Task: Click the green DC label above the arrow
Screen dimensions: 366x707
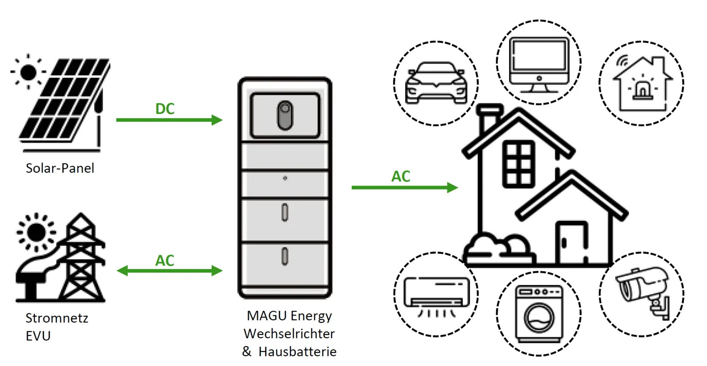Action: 165,109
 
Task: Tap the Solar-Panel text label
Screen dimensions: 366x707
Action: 60,168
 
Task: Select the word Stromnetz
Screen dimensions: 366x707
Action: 57,318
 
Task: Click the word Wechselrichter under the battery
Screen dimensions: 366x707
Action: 289,333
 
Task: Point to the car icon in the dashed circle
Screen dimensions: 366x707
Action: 436,83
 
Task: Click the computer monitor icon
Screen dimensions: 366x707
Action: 539,64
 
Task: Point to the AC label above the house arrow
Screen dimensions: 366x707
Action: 401,177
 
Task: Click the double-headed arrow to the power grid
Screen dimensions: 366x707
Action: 170,271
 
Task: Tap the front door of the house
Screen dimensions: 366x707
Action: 572,242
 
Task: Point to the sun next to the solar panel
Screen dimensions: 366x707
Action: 28,72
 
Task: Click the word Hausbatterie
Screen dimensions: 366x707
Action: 297,351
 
